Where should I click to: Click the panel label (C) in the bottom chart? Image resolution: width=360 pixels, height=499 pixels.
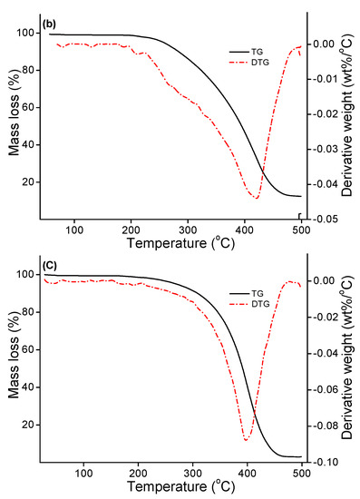click(x=50, y=267)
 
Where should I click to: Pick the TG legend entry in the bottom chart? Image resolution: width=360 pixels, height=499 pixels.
click(x=258, y=294)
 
